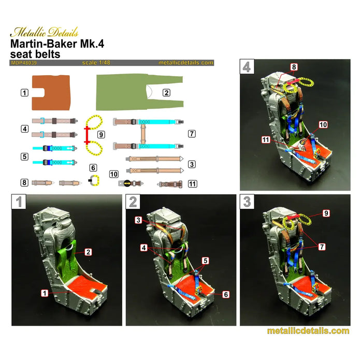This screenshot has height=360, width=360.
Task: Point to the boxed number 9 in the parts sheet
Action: coord(101,134)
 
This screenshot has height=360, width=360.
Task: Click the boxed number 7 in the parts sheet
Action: coord(191,134)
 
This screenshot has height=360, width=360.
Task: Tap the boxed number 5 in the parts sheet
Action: coord(24,155)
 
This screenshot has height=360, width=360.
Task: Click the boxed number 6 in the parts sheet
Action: coord(93,168)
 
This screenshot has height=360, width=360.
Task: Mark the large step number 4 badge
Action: coord(247,67)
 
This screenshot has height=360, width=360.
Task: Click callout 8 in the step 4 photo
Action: coord(294,67)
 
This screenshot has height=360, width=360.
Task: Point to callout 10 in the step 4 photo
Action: coord(323,125)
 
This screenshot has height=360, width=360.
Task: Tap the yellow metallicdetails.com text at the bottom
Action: coord(308,331)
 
